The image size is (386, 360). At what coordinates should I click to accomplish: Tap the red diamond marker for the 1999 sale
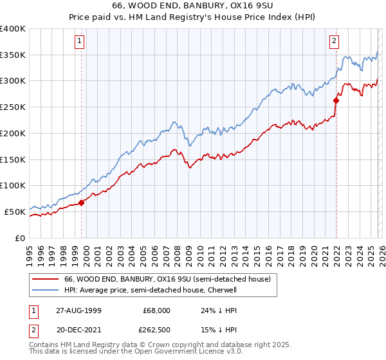pyautogui.click(x=82, y=203)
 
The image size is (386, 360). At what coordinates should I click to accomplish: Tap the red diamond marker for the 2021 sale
pyautogui.click(x=336, y=100)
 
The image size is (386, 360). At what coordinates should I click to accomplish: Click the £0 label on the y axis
pyautogui.click(x=19, y=238)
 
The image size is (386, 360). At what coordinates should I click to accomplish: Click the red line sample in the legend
pyautogui.click(x=44, y=280)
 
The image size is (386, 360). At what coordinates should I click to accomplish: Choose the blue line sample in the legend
pyautogui.click(x=44, y=290)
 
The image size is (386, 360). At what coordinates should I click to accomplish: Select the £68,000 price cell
pyautogui.click(x=156, y=310)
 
